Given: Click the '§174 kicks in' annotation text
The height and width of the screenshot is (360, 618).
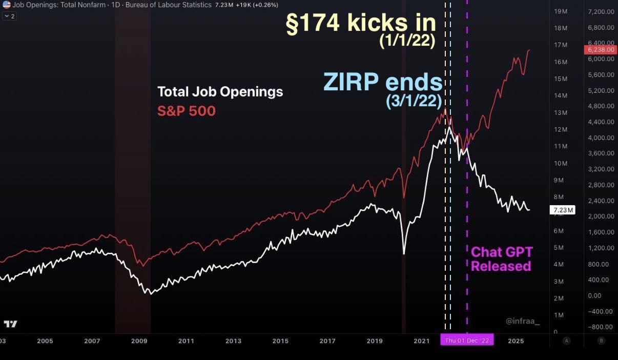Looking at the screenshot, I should click(360, 24).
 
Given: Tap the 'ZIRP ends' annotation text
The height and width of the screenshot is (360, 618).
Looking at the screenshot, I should click(382, 82).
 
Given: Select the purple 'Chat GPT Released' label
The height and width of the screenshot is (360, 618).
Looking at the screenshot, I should click(501, 259).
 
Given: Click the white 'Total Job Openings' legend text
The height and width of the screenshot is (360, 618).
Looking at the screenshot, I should click(220, 92).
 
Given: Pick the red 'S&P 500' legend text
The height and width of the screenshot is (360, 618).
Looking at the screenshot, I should click(186, 111).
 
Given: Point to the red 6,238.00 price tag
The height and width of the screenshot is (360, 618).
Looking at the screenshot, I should click(599, 50).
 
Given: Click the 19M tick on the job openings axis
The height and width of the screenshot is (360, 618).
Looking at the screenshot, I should click(561, 11).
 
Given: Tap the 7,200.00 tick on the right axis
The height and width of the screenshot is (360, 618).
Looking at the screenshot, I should click(602, 11).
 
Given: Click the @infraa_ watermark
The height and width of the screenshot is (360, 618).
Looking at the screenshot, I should click(523, 321).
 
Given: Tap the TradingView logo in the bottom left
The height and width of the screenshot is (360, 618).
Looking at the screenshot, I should click(10, 324).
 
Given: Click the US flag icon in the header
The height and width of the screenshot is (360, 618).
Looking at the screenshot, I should click(7, 5).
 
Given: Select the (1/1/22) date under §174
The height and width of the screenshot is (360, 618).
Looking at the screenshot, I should click(407, 42).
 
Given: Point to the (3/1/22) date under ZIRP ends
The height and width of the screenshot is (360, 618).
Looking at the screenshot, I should click(414, 101).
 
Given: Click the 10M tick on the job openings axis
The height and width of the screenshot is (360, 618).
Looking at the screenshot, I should click(561, 163).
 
